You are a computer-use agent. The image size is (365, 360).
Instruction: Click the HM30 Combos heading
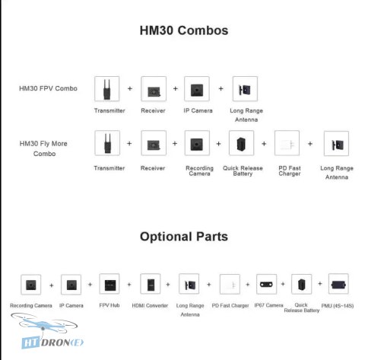184,30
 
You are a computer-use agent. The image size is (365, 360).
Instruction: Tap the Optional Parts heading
184,237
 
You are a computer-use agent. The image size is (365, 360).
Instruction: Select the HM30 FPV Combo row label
48,88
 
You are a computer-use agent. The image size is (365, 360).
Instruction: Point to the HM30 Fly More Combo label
43,148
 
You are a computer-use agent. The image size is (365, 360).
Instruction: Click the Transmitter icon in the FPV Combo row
107,89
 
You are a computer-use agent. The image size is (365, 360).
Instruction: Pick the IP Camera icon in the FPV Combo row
197,89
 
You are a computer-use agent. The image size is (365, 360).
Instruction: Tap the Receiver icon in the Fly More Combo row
154,143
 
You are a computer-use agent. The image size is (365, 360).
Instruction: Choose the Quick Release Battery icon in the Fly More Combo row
241,143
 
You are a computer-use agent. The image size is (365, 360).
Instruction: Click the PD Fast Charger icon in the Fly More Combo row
287,143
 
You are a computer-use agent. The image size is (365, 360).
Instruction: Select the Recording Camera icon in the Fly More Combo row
197,143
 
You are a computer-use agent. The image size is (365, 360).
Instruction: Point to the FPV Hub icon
109,284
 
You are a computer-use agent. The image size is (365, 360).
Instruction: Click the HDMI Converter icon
151,284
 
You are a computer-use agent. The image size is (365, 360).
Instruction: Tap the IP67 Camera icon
266,284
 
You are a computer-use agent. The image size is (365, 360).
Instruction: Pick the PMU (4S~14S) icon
338,284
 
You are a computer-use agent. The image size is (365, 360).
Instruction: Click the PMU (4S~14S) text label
338,306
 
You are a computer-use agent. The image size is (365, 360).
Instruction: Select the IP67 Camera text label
268,305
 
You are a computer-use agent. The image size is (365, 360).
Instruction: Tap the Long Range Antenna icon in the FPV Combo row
245,89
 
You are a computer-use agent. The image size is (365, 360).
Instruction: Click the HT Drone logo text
52,343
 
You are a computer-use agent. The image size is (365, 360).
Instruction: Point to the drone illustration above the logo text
44,323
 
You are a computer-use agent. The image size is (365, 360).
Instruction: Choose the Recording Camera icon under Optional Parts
31,285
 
